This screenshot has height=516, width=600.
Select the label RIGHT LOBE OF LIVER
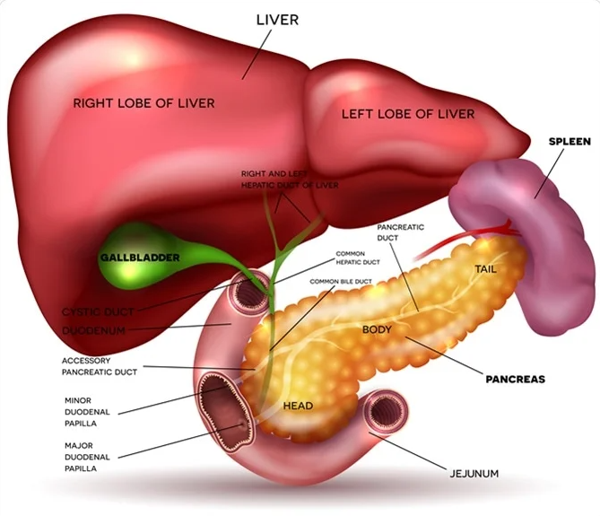coord(143,103)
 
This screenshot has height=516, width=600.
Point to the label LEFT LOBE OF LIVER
coord(408,114)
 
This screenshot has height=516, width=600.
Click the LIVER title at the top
coord(277,19)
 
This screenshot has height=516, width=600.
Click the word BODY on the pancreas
coord(378,329)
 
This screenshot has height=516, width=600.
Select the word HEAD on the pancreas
coord(298,406)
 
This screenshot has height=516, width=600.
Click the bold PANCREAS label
coord(516,380)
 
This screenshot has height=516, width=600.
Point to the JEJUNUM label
coord(474,472)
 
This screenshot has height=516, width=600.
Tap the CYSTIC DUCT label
coord(98,311)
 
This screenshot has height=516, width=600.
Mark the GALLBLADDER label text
coord(139,258)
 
